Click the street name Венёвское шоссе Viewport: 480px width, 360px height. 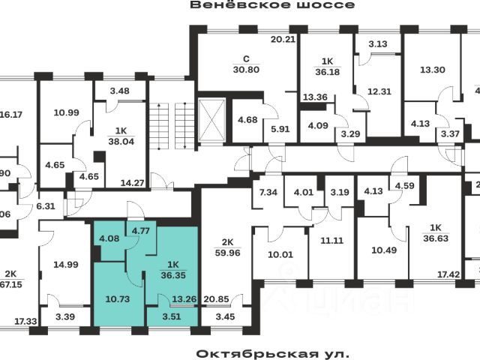[x=261, y=5]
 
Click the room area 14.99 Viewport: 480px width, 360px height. [x=67, y=264]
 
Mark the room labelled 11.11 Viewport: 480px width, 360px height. [x=330, y=241]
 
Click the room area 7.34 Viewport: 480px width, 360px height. [x=269, y=192]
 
